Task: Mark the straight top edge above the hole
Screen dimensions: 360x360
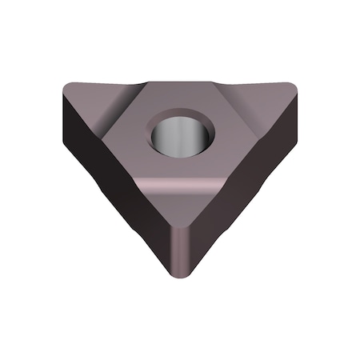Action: [x=180, y=80]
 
